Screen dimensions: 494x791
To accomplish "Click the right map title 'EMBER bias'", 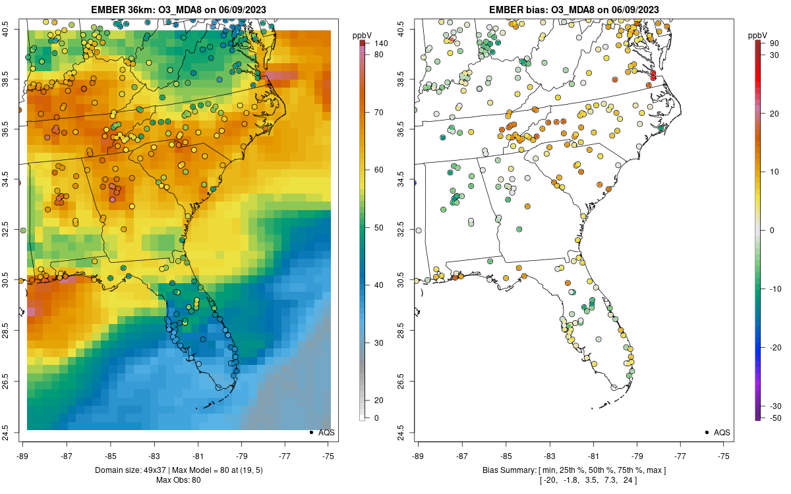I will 517,10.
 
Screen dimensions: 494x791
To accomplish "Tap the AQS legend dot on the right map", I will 707,433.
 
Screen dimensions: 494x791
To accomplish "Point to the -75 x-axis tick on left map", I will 328,455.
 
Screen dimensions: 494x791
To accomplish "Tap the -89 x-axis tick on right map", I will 418,455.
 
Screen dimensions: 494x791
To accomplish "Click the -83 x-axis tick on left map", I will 154,455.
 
